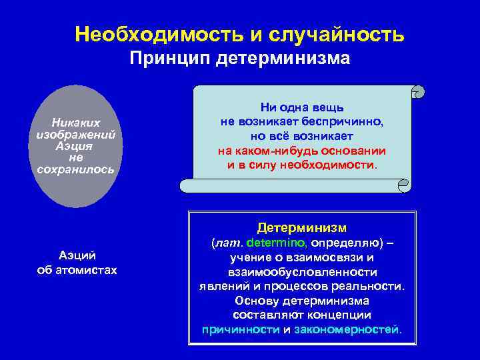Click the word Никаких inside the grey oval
[x=76, y=123]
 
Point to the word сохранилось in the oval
[x=76, y=169]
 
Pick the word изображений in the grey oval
[x=76, y=134]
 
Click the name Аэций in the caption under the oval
[x=77, y=255]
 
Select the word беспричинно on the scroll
[x=344, y=121]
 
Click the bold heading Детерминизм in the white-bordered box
[x=302, y=227]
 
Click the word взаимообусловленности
[x=302, y=272]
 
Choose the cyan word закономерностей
[x=347, y=330]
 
